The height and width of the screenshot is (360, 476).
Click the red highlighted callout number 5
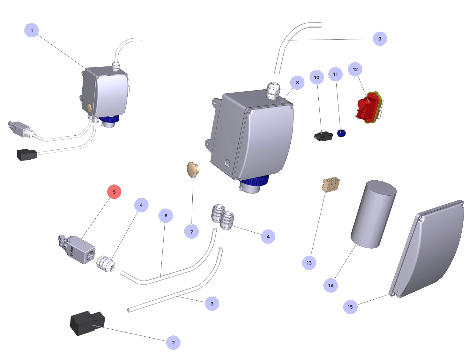point(114,192)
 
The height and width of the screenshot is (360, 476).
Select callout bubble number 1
point(32,30)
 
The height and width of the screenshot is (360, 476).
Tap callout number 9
point(380,39)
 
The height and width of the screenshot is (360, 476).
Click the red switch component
point(368,107)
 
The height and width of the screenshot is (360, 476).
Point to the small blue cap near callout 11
point(341,133)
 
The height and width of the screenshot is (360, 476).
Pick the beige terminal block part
point(331,185)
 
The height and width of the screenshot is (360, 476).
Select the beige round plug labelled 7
point(193,169)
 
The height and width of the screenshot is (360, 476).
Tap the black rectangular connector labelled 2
point(87,323)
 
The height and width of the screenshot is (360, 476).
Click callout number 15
point(350,307)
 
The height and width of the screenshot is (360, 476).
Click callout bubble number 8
point(297,83)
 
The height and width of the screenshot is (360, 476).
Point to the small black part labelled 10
point(323,136)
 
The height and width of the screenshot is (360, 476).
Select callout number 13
point(309,263)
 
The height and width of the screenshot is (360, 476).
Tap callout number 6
point(166,216)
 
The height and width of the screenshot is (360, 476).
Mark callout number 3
point(212,304)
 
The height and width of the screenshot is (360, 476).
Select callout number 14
point(331,286)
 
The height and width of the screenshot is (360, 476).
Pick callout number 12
point(355,70)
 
